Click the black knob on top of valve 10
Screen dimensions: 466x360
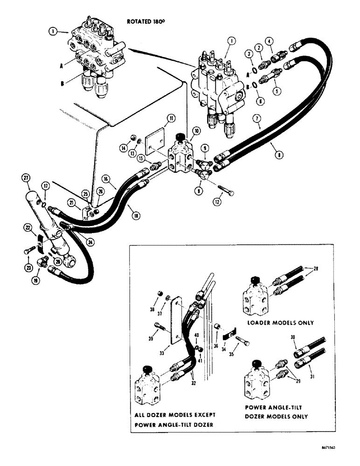click(178, 135)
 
